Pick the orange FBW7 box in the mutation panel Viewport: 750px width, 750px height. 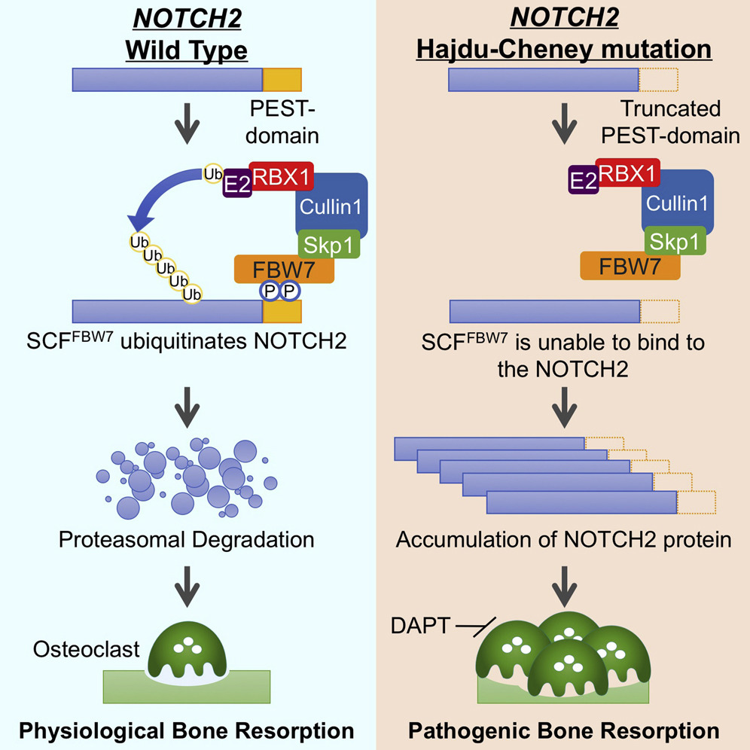630,265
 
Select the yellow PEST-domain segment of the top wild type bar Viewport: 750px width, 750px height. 282,79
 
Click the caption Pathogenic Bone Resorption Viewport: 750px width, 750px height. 563,730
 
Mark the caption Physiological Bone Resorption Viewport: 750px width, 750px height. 187,730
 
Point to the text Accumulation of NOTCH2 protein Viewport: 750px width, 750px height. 563,539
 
